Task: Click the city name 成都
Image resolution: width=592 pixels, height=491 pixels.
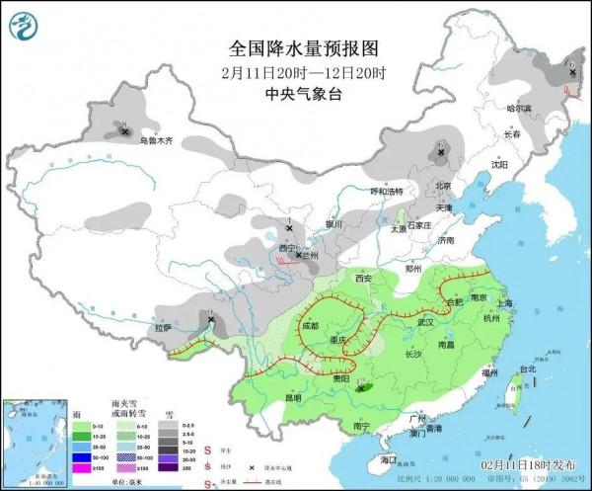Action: [311, 325]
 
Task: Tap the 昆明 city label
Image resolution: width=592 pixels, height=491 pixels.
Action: [293, 397]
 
